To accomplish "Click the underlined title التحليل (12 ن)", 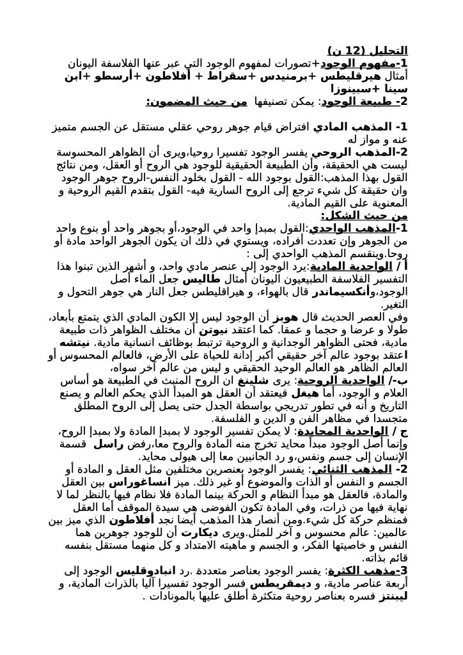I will [367, 51].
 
